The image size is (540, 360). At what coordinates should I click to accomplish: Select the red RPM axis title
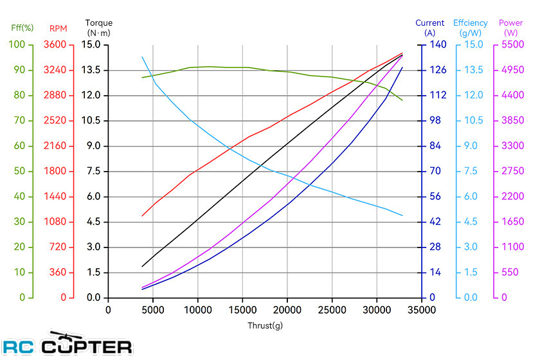[x=58, y=28]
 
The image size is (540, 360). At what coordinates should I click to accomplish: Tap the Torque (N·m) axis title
[x=99, y=27]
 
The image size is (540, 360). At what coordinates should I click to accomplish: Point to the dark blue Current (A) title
[x=430, y=27]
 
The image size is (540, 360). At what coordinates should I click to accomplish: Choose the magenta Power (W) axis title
[x=511, y=27]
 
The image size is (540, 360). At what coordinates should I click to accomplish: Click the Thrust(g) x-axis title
[x=265, y=325]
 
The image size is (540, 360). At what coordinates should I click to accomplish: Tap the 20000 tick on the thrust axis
[x=287, y=309]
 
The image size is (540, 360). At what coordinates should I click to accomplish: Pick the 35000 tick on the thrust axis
[x=421, y=309]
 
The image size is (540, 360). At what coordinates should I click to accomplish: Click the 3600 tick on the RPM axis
[x=62, y=45]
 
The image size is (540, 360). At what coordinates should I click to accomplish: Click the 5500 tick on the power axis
[x=512, y=45]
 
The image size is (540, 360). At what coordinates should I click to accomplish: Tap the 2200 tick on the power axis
[x=512, y=197]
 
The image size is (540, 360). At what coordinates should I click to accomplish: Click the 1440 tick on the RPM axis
[x=62, y=197]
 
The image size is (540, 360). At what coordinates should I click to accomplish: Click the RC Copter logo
[x=67, y=345]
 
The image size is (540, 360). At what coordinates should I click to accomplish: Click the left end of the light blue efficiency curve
[x=142, y=57]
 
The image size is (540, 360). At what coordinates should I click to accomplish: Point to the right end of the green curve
[x=402, y=100]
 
